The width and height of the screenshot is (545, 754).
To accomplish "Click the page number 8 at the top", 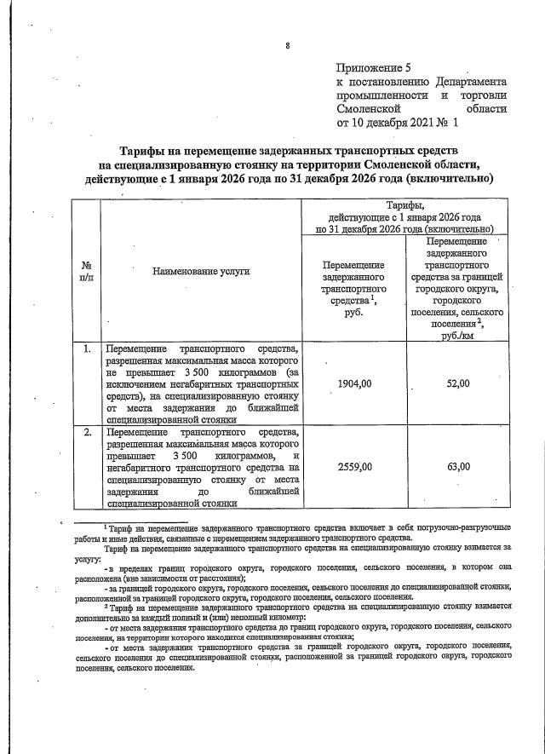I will [x=288, y=45].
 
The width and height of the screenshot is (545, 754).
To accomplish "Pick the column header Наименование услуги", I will [x=201, y=271].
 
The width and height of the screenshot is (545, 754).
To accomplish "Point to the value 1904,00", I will [x=354, y=384].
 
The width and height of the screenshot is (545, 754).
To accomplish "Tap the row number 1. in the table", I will [x=87, y=349].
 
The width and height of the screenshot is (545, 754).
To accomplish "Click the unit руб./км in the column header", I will [x=458, y=337].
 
